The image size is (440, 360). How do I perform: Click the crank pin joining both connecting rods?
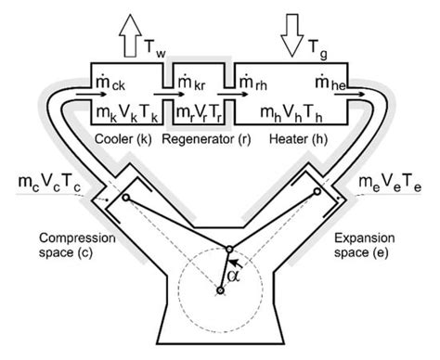click(x=229, y=249)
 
